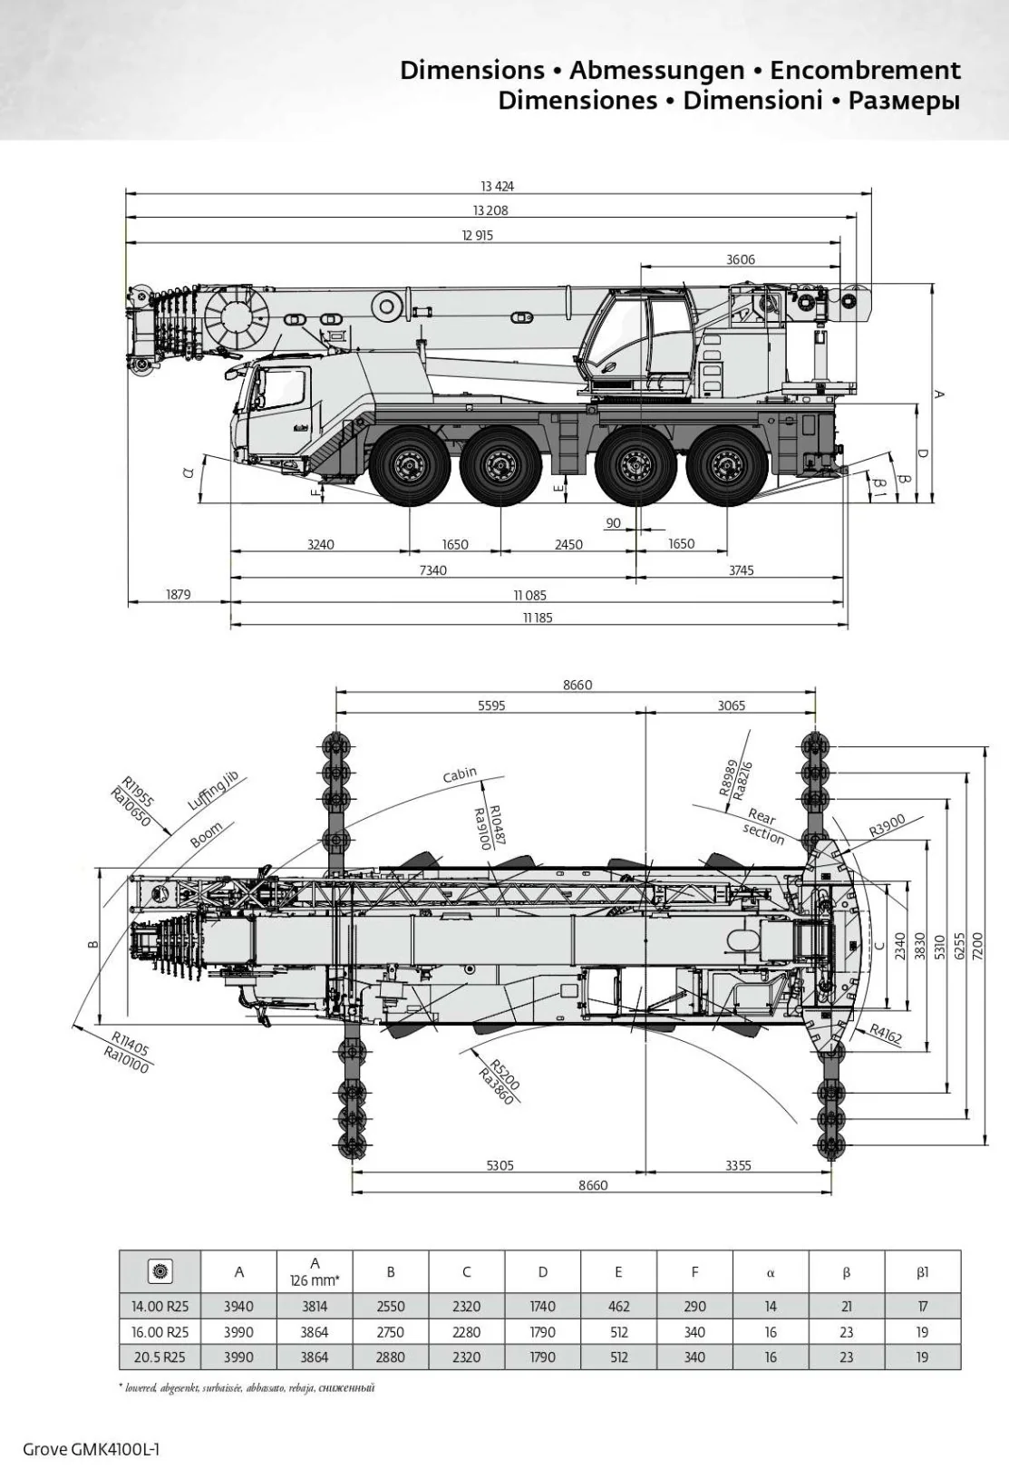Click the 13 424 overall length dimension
[497, 187]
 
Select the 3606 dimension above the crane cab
[740, 259]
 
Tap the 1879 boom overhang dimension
[178, 595]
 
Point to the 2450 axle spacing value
[568, 545]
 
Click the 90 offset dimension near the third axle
[614, 523]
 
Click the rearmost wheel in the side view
[724, 467]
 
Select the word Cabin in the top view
[460, 775]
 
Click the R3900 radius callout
[887, 825]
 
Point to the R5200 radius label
[504, 1076]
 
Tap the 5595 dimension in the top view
[491, 705]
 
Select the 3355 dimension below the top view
[738, 1166]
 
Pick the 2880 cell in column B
[390, 1357]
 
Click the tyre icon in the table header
[160, 1271]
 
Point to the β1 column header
[922, 1272]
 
